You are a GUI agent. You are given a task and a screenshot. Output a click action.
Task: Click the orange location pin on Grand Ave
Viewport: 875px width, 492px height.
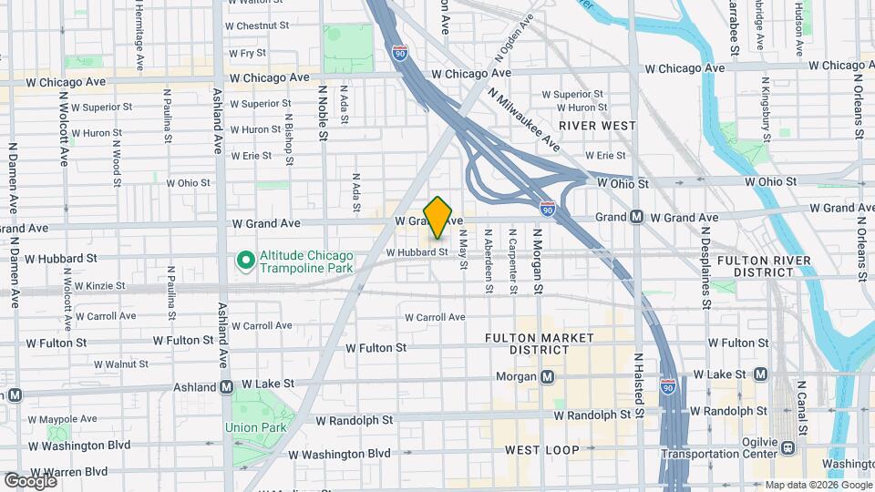point(437,217)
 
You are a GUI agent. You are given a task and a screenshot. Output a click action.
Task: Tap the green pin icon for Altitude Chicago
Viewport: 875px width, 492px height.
point(245,261)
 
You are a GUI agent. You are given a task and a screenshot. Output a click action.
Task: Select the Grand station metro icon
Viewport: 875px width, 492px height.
point(636,217)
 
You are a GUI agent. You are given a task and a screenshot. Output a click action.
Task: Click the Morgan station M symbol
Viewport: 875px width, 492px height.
point(547,376)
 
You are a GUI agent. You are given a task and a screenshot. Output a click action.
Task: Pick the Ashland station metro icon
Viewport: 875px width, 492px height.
point(226,387)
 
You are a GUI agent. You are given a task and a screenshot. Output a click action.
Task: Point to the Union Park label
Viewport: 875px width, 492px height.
point(256,427)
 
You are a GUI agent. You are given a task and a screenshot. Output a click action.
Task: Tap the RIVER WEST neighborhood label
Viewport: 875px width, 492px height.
point(597,125)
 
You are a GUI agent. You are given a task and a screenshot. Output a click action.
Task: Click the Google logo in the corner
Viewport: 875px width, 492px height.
point(30,480)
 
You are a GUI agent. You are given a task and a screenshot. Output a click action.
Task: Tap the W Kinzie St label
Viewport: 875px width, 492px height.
point(87,286)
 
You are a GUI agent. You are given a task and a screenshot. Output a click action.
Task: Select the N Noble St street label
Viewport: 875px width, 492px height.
point(323,114)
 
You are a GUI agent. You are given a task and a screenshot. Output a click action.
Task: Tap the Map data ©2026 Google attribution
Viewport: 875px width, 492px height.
point(818,484)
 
